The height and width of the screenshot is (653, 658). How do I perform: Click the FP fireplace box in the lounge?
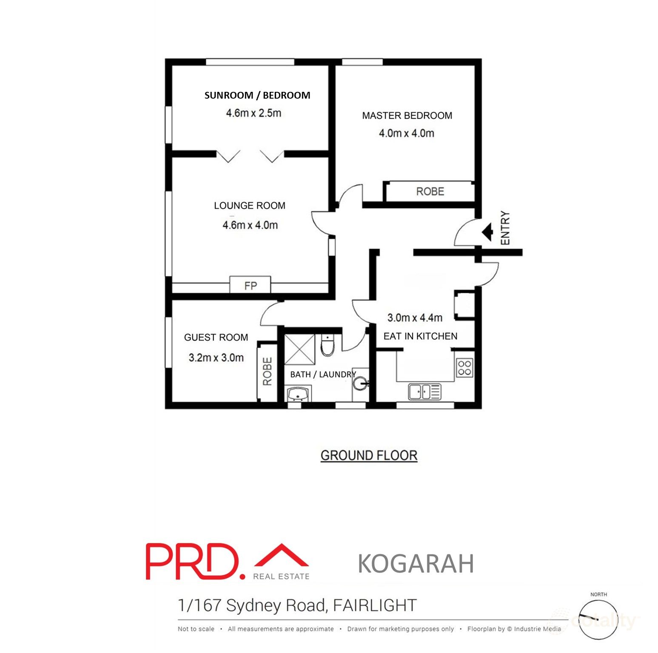[x=250, y=285]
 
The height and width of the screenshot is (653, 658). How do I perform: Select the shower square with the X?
[x=299, y=349]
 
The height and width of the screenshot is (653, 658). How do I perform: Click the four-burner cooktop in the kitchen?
[x=464, y=368]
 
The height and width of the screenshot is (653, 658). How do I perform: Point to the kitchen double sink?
[x=424, y=392]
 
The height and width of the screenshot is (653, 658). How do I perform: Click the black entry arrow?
[x=487, y=232]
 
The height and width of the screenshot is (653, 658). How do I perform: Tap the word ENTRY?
[x=505, y=228]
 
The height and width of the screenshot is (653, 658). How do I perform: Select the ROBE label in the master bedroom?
[x=430, y=191]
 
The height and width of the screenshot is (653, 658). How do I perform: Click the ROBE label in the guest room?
[x=268, y=371]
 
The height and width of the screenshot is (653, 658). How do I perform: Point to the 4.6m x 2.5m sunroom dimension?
[x=254, y=113]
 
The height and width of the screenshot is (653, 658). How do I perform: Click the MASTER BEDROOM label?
[x=407, y=116]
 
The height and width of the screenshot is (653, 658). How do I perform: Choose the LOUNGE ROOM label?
[x=250, y=206]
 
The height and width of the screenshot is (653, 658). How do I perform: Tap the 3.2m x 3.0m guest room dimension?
[x=216, y=358]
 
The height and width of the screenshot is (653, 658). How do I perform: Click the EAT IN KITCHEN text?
[x=420, y=336]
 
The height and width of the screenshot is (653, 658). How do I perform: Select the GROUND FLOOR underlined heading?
[x=369, y=455]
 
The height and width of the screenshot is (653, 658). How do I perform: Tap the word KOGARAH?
[x=416, y=564]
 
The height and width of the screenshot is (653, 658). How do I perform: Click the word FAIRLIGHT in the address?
[x=375, y=605]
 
